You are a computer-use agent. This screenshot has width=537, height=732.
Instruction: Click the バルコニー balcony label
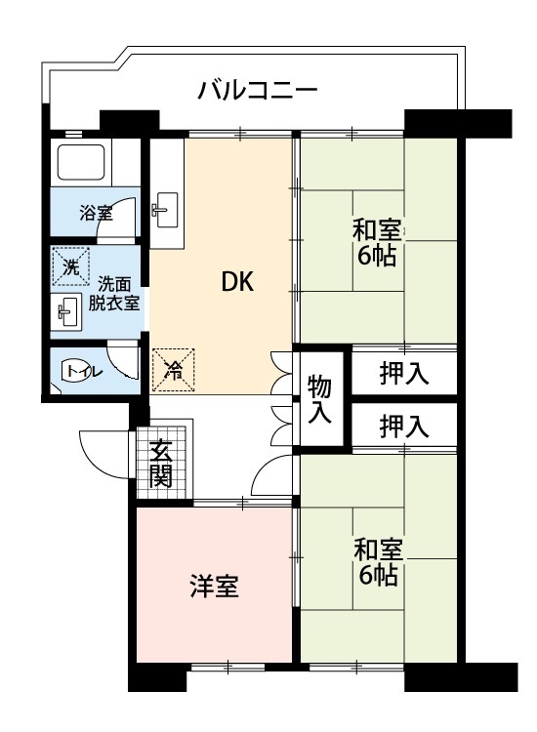pyautogui.click(x=257, y=91)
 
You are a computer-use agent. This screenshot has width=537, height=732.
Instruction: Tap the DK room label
pyautogui.click(x=237, y=283)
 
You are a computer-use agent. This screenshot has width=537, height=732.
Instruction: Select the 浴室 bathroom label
pyautogui.click(x=96, y=214)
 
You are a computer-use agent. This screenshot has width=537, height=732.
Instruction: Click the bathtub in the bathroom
pyautogui.click(x=81, y=163)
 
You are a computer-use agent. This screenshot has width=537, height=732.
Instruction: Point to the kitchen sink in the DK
pyautogui.click(x=165, y=207)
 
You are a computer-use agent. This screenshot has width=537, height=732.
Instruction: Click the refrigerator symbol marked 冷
pyautogui.click(x=173, y=370)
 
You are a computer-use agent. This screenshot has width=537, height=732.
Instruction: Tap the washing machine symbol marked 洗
pyautogui.click(x=70, y=267)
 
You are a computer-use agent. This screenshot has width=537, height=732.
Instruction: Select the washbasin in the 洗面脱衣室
pyautogui.click(x=66, y=312)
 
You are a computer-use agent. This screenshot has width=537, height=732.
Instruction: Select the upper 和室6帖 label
pyautogui.click(x=377, y=245)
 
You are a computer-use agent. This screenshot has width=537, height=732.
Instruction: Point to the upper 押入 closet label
pyautogui.click(x=403, y=372)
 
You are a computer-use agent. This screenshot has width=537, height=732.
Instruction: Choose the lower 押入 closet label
pyautogui.click(x=403, y=426)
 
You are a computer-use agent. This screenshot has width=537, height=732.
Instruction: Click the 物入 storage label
pyautogui.click(x=319, y=398)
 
